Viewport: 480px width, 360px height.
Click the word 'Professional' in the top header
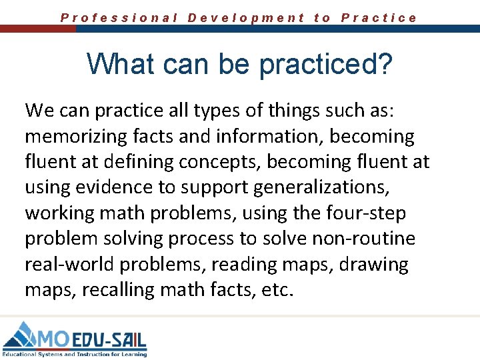click(119, 18)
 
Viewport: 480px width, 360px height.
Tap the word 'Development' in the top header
click(247, 18)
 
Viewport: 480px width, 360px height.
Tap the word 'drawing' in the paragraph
click(374, 265)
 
